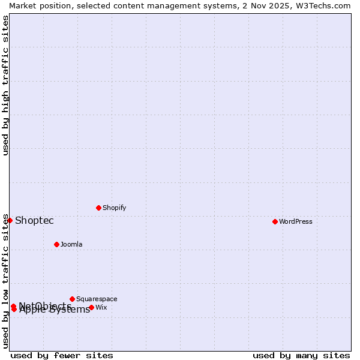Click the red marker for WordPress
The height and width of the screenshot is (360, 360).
tap(275, 221)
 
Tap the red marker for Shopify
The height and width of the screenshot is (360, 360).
tap(98, 208)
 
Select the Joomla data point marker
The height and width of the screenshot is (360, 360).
tap(56, 244)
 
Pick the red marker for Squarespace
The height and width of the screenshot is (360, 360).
tap(72, 299)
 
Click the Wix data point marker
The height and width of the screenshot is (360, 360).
tap(91, 307)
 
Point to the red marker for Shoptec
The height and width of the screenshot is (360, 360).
tap(10, 220)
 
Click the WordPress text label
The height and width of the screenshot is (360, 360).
tap(296, 221)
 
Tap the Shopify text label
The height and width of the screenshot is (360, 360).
tap(114, 208)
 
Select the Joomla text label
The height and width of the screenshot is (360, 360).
tap(71, 244)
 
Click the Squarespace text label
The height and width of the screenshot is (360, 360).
tap(97, 299)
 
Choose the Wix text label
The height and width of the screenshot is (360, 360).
tap(101, 307)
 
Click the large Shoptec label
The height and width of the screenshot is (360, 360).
tap(34, 220)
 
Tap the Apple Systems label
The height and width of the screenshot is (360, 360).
tap(55, 310)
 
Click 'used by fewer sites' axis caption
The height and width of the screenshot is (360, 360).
tap(62, 355)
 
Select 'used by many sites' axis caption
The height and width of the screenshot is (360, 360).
tap(301, 355)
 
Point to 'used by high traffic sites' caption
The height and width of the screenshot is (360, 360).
tap(5, 85)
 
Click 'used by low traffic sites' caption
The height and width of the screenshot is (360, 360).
tap(5, 281)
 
